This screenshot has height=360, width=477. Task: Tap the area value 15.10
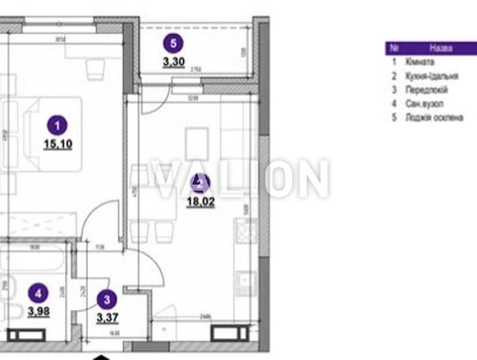coord(58,143)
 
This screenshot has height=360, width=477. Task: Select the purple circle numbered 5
coord(176,43)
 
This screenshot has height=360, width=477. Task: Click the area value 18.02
coord(200,202)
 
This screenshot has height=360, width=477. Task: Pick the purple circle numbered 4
coord(38,290)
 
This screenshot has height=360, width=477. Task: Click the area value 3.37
coord(108,318)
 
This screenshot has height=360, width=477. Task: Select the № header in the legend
coord(394,48)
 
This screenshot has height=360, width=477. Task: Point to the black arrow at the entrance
coord(103,356)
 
